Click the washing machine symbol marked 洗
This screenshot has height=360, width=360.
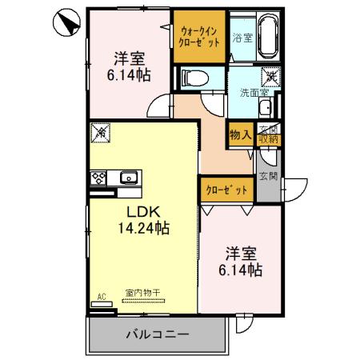(x=272, y=76)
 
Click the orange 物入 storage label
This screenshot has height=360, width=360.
(x=241, y=135)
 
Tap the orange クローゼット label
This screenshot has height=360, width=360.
(x=226, y=190)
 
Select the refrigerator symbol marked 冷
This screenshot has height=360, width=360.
(x=100, y=130)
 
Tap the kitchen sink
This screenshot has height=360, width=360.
(x=127, y=178)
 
